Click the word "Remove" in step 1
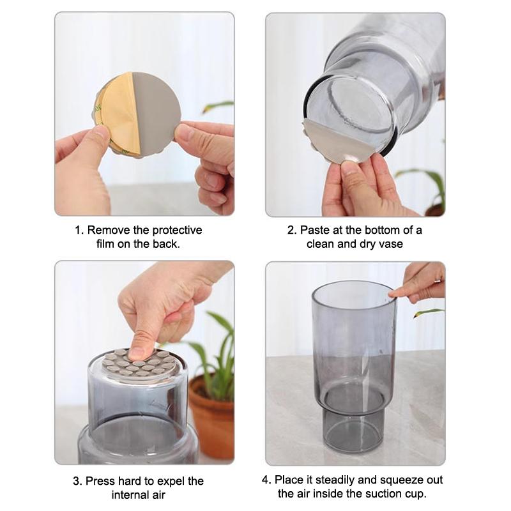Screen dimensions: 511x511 click(x=106, y=230)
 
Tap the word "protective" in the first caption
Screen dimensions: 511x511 click(x=172, y=230)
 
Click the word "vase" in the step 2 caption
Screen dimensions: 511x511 click(x=390, y=244)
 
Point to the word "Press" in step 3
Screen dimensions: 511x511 click(x=100, y=480)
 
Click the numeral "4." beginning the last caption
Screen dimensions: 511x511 click(x=266, y=479)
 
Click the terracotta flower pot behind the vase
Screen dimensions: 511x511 click(x=213, y=415)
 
